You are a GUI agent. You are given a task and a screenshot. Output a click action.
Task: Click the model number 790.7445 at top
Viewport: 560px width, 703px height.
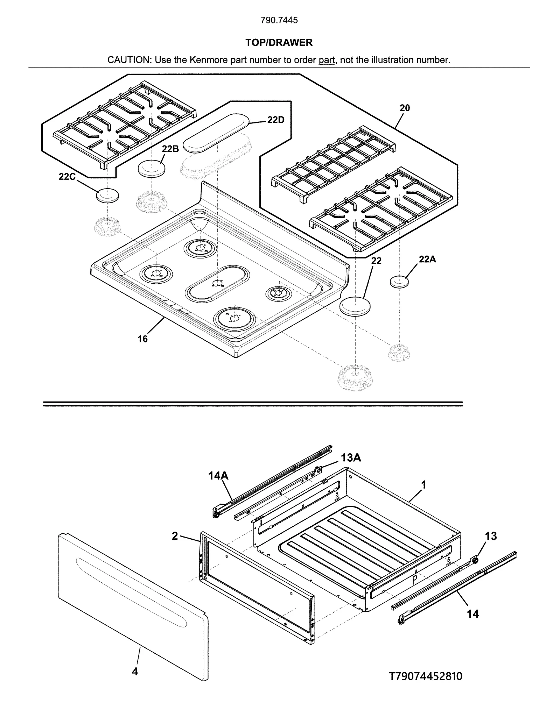tap(279, 20)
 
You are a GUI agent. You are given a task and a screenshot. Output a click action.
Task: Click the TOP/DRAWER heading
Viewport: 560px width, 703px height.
tap(279, 43)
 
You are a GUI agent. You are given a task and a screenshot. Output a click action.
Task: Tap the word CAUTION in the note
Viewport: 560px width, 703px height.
tap(128, 60)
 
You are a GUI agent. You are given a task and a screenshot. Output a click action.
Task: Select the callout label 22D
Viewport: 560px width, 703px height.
tap(276, 120)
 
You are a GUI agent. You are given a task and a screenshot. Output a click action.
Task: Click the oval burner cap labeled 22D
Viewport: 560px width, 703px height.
tap(216, 133)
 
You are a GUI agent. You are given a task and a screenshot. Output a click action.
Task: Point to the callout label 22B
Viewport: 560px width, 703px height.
tap(170, 149)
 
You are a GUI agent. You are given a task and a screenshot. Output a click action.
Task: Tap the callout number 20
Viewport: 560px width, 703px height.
tap(405, 108)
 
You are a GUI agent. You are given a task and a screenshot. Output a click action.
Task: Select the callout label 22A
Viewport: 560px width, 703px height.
tap(427, 259)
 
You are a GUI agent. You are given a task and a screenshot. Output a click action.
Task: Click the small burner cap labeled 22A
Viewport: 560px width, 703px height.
tap(399, 282)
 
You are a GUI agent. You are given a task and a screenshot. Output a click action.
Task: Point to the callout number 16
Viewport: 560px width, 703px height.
tap(142, 339)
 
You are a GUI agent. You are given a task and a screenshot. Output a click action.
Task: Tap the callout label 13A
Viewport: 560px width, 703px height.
tap(351, 457)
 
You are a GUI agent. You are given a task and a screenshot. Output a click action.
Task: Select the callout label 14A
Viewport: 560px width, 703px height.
tap(218, 476)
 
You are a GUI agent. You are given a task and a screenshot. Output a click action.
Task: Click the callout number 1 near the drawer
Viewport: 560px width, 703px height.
tap(424, 485)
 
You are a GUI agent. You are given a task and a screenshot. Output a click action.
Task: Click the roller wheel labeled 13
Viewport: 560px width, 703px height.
tap(475, 560)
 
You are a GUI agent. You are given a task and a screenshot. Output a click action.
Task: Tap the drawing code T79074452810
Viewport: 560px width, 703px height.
tap(426, 676)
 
